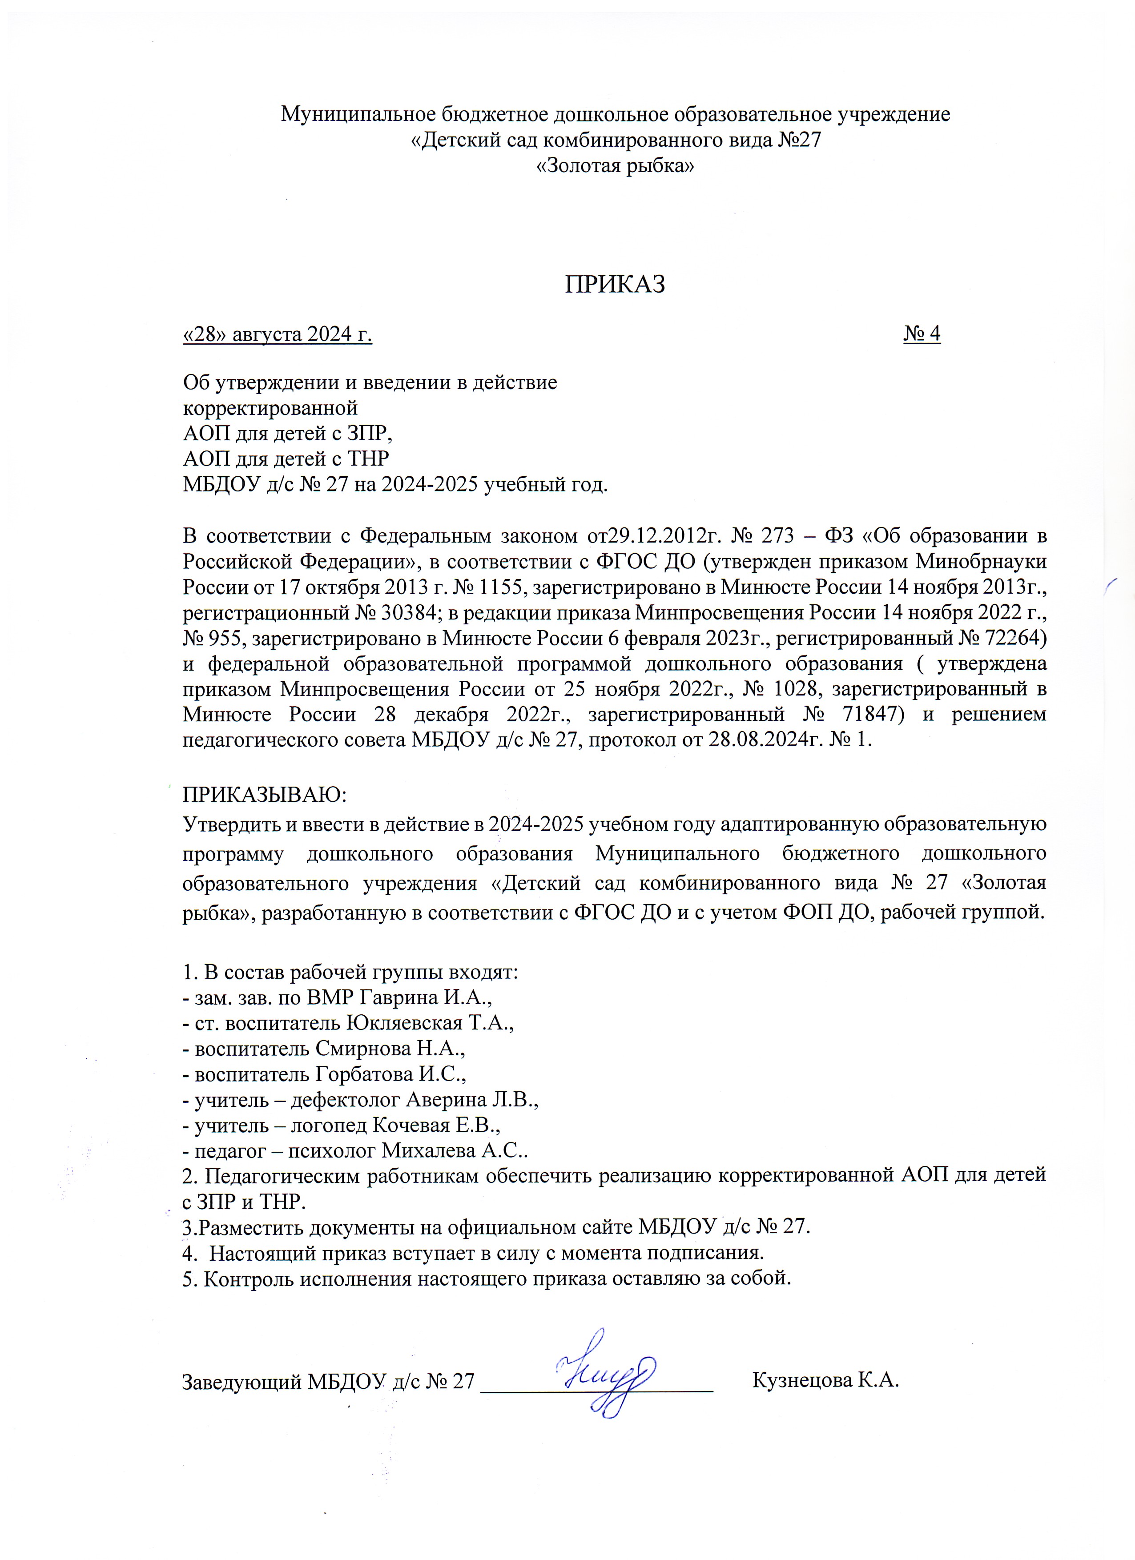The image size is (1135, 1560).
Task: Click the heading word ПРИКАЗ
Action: coord(615,284)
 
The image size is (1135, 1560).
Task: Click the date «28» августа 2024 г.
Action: coord(277,334)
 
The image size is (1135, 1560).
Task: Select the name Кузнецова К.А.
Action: coord(825,1380)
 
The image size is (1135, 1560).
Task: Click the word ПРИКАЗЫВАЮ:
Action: coord(265,794)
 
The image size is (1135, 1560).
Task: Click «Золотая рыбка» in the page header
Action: coord(615,166)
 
